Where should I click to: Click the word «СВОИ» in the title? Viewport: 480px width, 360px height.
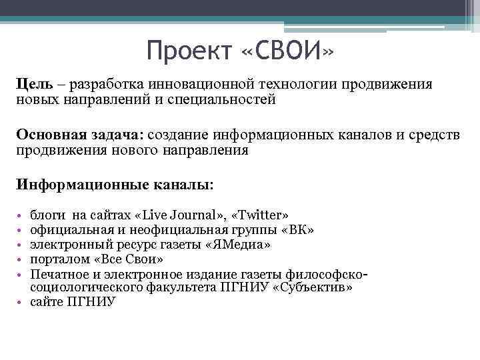click(287, 50)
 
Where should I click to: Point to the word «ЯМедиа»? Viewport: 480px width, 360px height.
click(239, 244)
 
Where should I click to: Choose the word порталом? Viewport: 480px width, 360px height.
click(57, 259)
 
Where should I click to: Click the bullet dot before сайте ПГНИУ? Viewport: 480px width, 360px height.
click(21, 302)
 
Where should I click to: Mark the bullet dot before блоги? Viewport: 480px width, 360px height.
click(21, 216)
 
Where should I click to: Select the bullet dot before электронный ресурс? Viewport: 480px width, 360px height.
click(21, 245)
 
